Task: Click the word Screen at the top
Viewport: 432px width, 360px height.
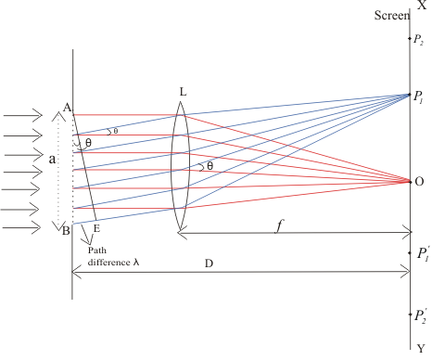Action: coord(392,15)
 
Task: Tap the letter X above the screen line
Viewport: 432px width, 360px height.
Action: coord(422,5)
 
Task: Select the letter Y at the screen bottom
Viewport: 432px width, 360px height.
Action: coord(421,349)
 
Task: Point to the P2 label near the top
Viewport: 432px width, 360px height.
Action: coord(418,40)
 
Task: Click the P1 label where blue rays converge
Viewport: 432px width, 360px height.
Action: coord(418,97)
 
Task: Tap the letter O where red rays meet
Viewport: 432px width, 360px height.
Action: coord(419,182)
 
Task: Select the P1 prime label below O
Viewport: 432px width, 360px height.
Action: coord(423,254)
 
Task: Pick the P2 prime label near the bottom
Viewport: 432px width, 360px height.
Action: coord(420,316)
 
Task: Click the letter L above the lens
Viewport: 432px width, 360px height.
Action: coord(183,92)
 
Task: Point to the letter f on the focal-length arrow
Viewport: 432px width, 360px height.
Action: coord(279,226)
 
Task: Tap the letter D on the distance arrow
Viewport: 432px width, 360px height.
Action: coord(209,264)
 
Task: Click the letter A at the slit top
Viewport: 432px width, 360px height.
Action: coord(67,108)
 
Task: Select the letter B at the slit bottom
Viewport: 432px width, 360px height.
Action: coord(66,231)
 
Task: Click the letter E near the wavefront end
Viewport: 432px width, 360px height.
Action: coord(96,228)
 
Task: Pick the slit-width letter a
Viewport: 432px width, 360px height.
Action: coord(53,159)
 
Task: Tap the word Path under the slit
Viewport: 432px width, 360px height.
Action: coord(97,250)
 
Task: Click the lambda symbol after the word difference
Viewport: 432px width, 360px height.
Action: coord(136,263)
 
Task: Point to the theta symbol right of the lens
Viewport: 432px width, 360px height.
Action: coord(210,166)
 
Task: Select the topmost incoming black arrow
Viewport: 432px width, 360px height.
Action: coord(23,116)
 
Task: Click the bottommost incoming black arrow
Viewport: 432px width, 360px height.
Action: coord(21,228)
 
